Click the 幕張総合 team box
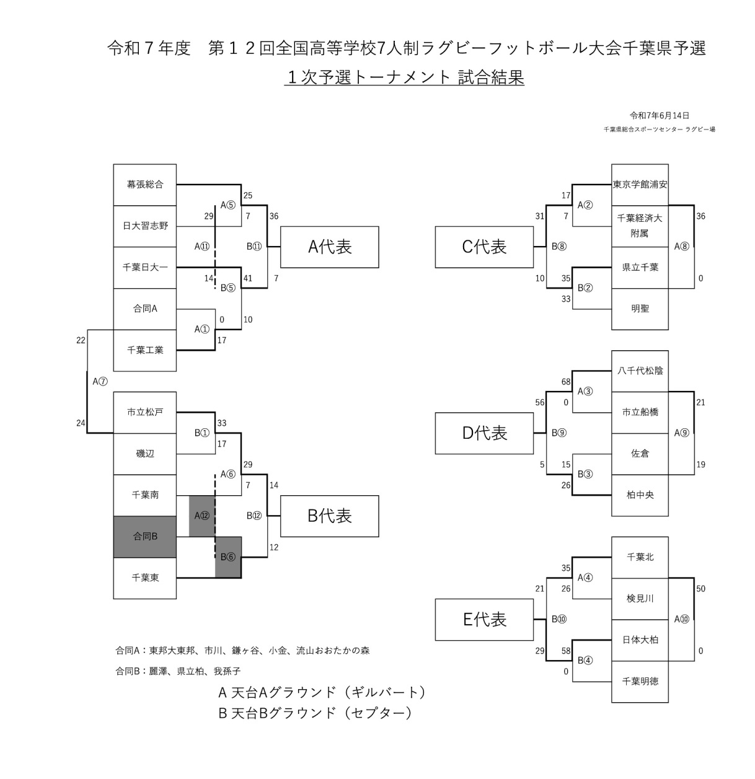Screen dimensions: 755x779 pos(144,185)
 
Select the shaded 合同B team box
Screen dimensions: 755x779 pos(144,537)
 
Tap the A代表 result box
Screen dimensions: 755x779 pos(330,247)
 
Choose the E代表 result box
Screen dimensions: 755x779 pos(484,620)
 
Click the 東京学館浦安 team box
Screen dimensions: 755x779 pos(640,185)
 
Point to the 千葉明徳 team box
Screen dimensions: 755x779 pos(640,681)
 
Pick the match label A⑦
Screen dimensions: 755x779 pos(100,382)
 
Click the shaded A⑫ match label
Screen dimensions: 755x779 pos(201,516)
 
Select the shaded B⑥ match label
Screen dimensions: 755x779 pos(228,557)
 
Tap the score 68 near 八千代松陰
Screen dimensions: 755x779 pos(566,382)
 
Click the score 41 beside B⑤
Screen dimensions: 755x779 pos(248,278)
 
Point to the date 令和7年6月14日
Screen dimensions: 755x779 pos(660,116)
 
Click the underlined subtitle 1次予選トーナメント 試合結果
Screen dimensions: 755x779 pos(404,77)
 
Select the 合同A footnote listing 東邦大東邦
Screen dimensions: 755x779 pos(242,651)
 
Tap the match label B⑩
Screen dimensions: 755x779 pos(559,619)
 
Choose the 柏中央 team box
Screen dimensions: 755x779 pos(640,495)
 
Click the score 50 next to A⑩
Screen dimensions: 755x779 pos(700,589)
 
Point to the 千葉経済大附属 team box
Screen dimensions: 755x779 pos(640,226)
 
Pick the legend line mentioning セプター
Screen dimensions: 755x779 pos(315,713)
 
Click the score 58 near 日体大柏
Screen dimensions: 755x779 pos(566,651)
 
